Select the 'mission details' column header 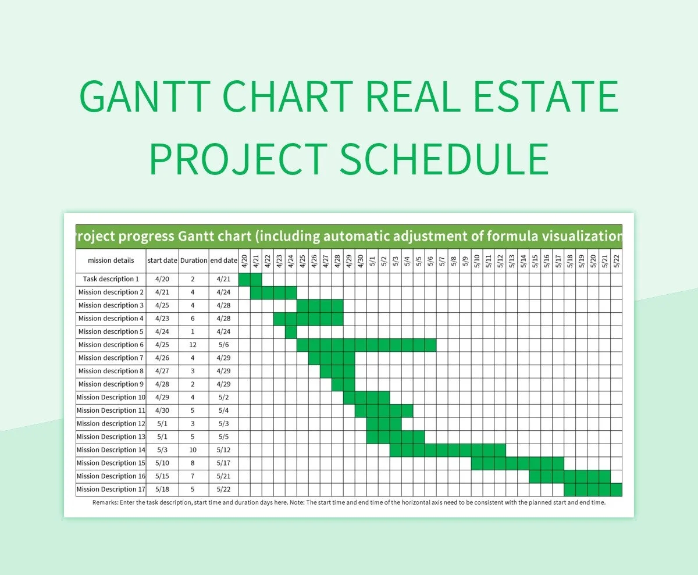(111, 260)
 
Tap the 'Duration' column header (194, 260)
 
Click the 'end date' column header (223, 260)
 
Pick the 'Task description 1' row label (111, 279)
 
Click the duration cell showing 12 (194, 345)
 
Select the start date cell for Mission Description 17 (162, 490)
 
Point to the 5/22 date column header (617, 260)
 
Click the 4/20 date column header (244, 260)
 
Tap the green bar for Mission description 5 (291, 331)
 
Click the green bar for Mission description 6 (366, 345)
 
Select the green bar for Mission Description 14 (448, 450)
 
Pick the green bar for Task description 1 (250, 279)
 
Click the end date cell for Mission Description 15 (223, 463)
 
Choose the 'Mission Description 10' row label (111, 398)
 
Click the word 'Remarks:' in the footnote (106, 503)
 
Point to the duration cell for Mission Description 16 (194, 476)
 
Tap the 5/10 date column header (477, 260)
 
